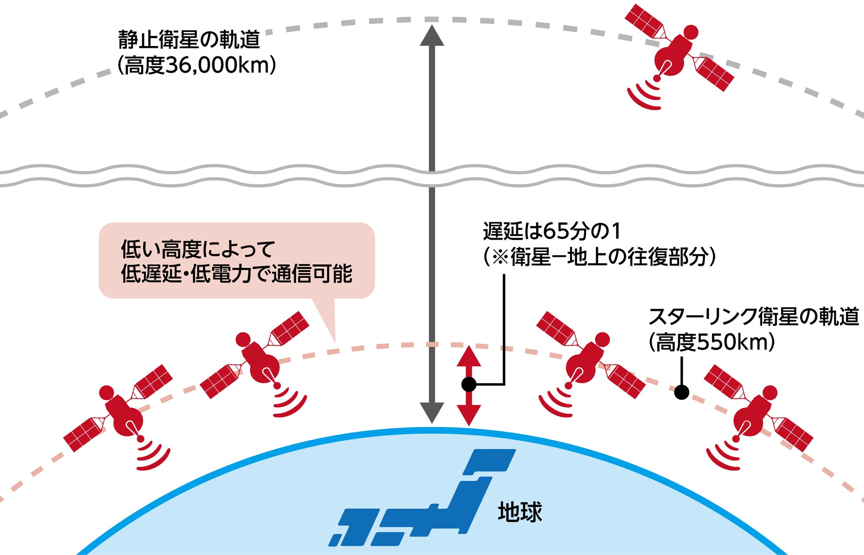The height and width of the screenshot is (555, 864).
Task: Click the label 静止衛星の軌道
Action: click(189, 40)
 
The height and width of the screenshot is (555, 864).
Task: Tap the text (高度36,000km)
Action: click(197, 66)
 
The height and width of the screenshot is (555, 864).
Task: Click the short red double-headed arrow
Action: click(469, 385)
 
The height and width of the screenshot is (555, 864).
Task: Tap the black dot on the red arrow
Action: click(469, 384)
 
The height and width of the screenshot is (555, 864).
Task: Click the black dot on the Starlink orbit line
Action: click(681, 392)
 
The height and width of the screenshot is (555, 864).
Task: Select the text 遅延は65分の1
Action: click(552, 231)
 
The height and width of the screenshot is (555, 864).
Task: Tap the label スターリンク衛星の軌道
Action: click(753, 317)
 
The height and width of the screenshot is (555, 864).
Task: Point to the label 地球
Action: click(520, 512)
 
